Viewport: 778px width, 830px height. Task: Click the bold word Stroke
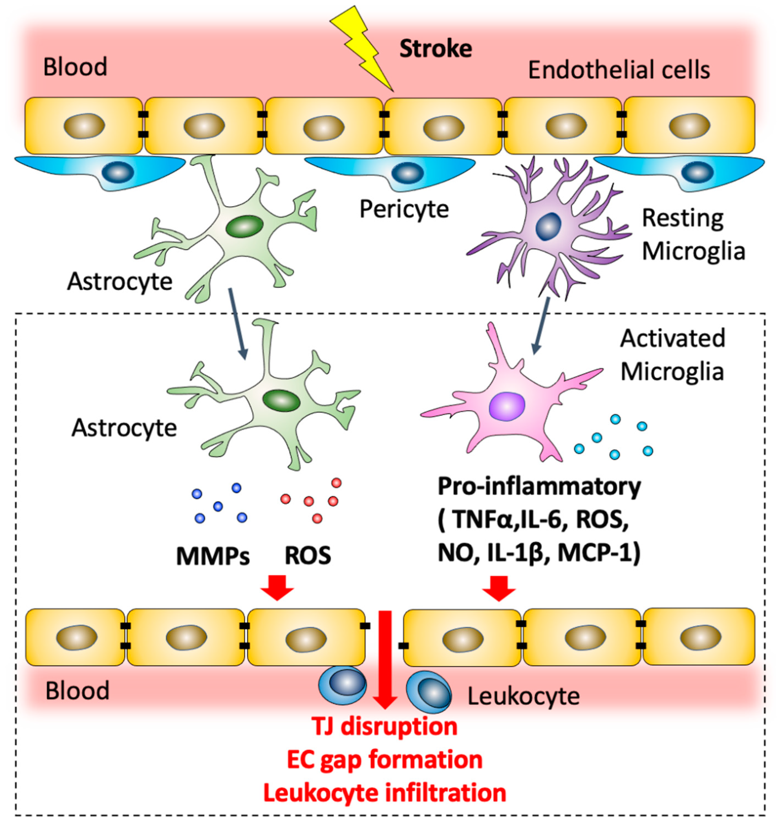[436, 49]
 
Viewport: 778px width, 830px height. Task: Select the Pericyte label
[404, 209]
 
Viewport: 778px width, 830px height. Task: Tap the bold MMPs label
[213, 556]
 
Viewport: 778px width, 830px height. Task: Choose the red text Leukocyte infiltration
[385, 793]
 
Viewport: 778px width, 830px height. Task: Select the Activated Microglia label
[672, 355]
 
